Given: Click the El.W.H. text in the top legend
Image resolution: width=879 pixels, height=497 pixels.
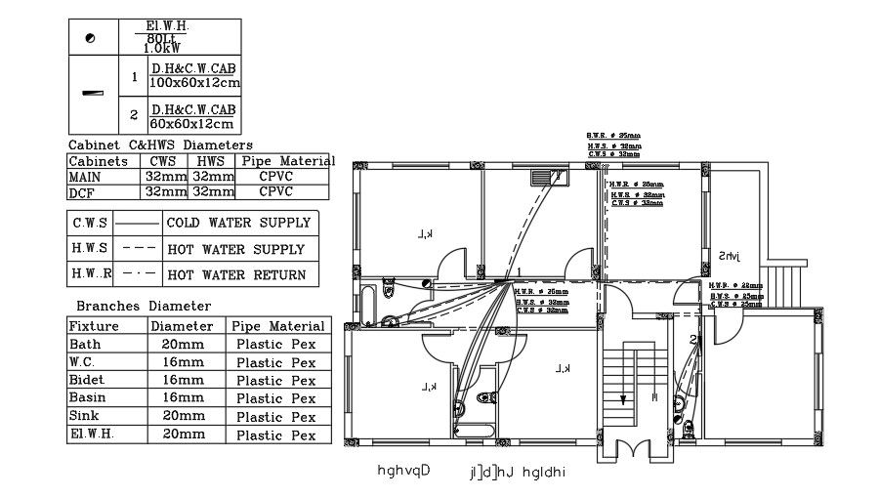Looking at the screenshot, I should [x=167, y=25].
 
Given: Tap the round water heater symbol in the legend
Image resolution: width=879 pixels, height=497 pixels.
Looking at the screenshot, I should [x=92, y=38].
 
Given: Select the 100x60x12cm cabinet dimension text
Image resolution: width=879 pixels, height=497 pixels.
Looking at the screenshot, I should [x=193, y=84].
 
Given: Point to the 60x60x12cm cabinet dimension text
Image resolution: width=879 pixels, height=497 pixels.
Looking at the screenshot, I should [x=191, y=125].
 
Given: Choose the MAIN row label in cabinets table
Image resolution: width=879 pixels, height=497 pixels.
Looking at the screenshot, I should [x=85, y=177].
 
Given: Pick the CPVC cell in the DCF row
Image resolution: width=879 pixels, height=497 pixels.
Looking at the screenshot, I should [x=275, y=191].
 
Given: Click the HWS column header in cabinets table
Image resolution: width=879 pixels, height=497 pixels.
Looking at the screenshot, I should [x=211, y=161].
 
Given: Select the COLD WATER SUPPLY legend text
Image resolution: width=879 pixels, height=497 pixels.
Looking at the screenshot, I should [x=238, y=223].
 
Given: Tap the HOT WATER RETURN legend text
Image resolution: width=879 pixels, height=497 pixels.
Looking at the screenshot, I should [x=237, y=275].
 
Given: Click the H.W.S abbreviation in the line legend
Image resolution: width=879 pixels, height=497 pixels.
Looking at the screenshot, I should [x=90, y=249].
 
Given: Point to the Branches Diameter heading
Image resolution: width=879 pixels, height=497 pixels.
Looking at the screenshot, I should [x=143, y=306].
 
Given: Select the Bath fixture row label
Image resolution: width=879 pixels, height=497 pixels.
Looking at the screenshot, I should [x=84, y=345].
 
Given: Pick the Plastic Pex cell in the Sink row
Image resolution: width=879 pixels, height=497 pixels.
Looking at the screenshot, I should [x=276, y=416].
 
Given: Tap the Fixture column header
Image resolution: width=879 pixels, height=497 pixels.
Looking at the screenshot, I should [x=95, y=326].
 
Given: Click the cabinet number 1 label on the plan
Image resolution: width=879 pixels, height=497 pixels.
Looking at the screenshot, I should [x=520, y=272].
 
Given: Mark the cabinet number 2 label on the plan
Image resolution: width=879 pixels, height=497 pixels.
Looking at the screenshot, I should [x=692, y=339].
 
